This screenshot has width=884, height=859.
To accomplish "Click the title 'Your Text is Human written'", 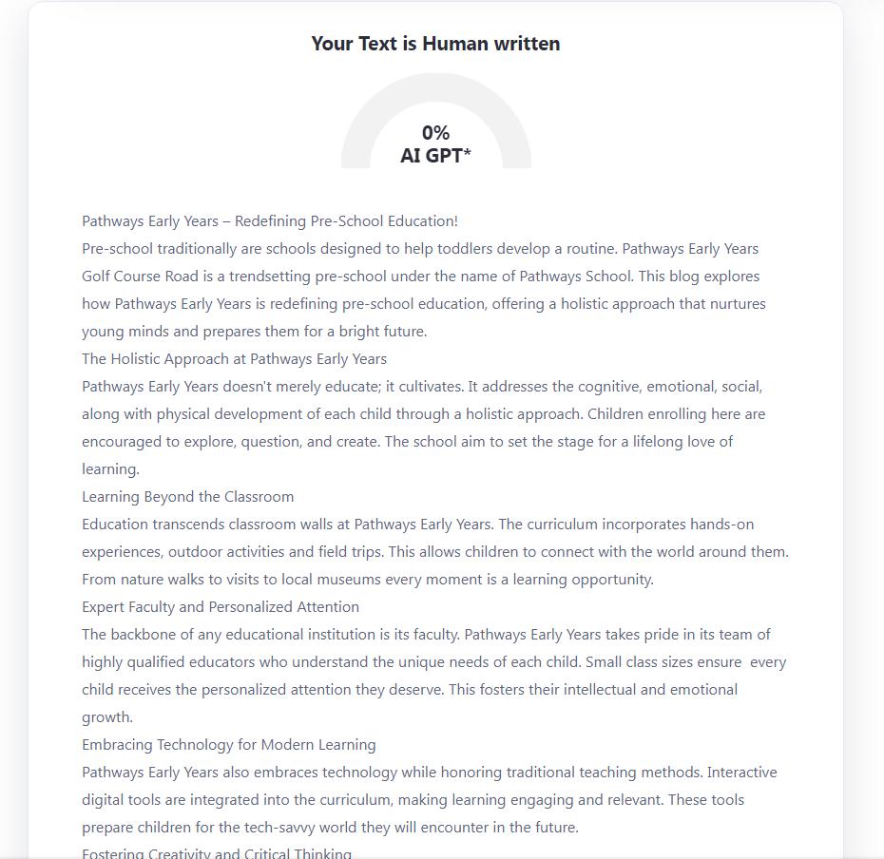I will coord(435,44).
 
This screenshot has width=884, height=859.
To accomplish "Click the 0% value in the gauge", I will coord(435,133).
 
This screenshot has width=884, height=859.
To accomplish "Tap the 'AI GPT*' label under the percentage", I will coord(435,156).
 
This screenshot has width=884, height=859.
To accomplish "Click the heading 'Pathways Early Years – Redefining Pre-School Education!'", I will coord(270,221).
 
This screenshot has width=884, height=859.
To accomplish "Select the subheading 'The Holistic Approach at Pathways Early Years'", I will coord(234,359).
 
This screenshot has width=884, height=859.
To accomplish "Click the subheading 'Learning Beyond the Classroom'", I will coord(187,497).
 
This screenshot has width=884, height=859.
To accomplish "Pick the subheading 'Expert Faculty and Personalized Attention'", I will coord(221,607).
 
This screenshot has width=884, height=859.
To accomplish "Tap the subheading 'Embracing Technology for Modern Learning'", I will coord(228,745).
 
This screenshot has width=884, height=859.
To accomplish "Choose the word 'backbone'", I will coord(142,635).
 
